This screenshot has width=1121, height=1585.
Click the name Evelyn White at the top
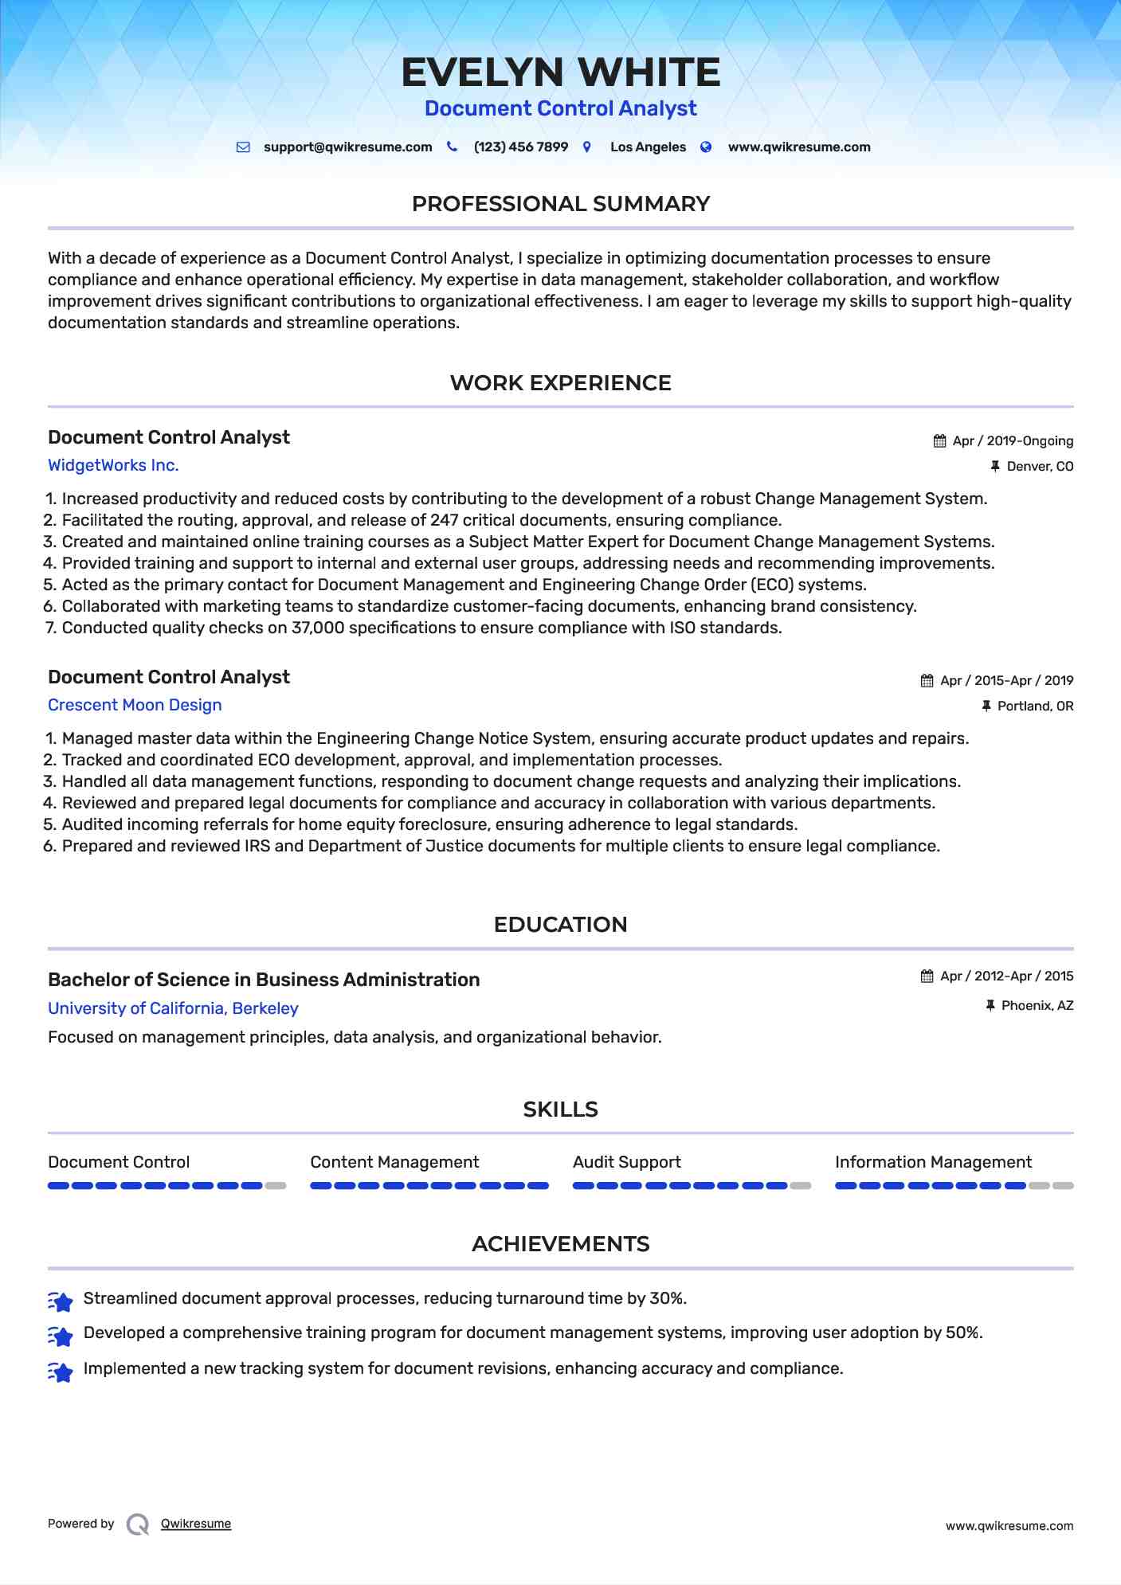(x=560, y=72)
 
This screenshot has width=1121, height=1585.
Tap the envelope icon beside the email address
(x=243, y=147)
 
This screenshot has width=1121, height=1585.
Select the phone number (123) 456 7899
(x=520, y=147)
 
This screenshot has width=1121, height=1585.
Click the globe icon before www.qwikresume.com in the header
(x=706, y=147)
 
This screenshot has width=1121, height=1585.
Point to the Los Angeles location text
(x=648, y=147)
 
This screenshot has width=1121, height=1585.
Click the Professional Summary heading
(x=560, y=204)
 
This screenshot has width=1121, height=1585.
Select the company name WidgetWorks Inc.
(x=113, y=465)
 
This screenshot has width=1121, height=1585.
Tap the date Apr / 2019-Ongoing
(x=1013, y=441)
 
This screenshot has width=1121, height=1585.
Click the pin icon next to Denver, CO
(x=994, y=467)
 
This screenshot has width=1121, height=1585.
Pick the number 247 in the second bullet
(x=444, y=520)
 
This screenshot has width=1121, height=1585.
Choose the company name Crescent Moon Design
(x=135, y=705)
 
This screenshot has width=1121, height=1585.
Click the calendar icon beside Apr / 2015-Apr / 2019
(x=927, y=681)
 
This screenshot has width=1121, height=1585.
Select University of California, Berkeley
(x=173, y=1008)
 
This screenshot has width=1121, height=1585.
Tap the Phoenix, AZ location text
(x=1037, y=1006)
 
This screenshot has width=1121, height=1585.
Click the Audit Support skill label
(x=626, y=1162)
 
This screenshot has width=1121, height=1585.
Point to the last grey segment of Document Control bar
(x=276, y=1186)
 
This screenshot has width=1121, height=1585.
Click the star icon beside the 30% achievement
(x=61, y=1301)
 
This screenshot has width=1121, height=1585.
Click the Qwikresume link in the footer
(x=196, y=1524)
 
